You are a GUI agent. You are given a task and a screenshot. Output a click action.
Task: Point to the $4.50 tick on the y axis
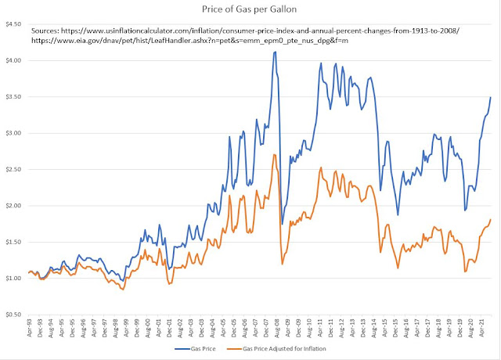14,24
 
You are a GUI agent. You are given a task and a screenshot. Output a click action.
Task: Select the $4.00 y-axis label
14,60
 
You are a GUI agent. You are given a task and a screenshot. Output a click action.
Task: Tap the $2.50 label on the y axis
14,169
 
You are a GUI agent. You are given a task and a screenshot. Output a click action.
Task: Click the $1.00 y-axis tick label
14,278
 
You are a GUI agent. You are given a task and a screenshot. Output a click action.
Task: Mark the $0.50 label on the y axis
14,315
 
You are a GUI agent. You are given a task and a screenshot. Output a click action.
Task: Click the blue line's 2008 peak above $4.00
275,52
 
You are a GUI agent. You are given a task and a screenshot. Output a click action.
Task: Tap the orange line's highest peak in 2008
274,155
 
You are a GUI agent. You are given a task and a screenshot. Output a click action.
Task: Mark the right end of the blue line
491,97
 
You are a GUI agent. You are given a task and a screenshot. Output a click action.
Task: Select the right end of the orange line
491,220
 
